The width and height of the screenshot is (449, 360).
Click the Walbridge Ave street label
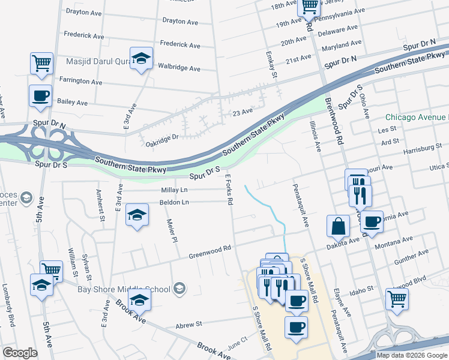point(178,68)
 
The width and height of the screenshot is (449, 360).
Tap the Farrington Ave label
point(80,81)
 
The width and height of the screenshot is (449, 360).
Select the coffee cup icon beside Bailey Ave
point(40,96)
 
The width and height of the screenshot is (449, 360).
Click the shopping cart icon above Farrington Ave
point(41,63)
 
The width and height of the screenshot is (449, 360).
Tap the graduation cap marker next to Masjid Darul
point(141,58)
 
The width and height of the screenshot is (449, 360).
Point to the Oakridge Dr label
point(163,137)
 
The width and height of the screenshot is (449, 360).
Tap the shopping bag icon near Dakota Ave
point(338,226)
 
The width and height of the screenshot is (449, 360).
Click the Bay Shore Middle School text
point(124,289)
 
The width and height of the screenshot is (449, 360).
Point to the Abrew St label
point(188,325)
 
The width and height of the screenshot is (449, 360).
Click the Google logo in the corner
point(20,352)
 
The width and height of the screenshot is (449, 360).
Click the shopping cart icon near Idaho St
point(397,298)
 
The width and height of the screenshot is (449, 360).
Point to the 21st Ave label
point(298,59)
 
